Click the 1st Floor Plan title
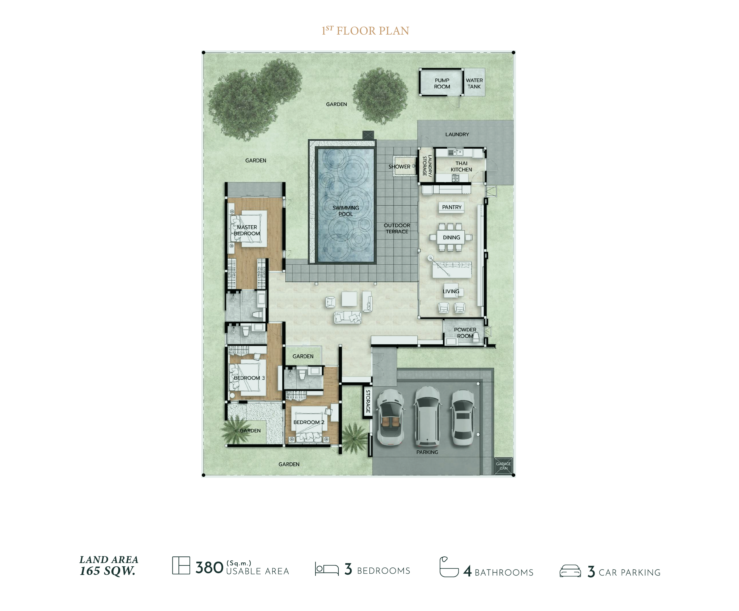365,31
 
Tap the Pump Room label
442,83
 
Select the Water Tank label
474,83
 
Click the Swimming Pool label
346,211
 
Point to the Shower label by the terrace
399,167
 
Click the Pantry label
452,207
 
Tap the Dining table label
451,238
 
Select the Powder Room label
465,333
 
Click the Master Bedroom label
247,230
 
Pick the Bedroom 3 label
249,378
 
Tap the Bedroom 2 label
309,422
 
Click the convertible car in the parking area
390,417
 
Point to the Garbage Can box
503,466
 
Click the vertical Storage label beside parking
368,401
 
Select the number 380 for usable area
209,568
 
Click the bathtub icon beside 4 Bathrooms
449,567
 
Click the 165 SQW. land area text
108,571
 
